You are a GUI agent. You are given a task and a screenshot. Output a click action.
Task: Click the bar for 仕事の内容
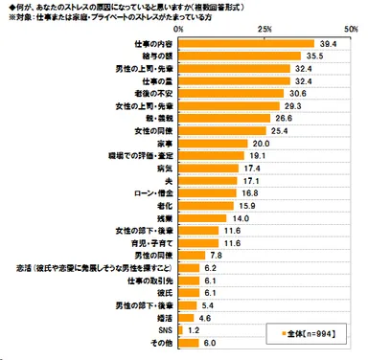245,44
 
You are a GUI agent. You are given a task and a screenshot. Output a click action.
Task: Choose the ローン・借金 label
147,192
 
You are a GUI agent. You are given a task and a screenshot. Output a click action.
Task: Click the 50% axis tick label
352,30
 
